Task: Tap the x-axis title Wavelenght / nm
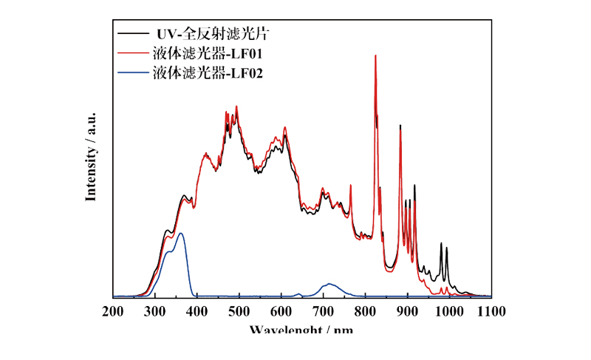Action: [x=301, y=328]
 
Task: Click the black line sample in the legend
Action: [x=131, y=34]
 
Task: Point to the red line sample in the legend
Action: [x=131, y=53]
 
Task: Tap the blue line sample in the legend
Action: [x=131, y=72]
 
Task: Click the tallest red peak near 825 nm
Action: [x=375, y=56]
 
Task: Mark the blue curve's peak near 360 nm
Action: [x=180, y=234]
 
